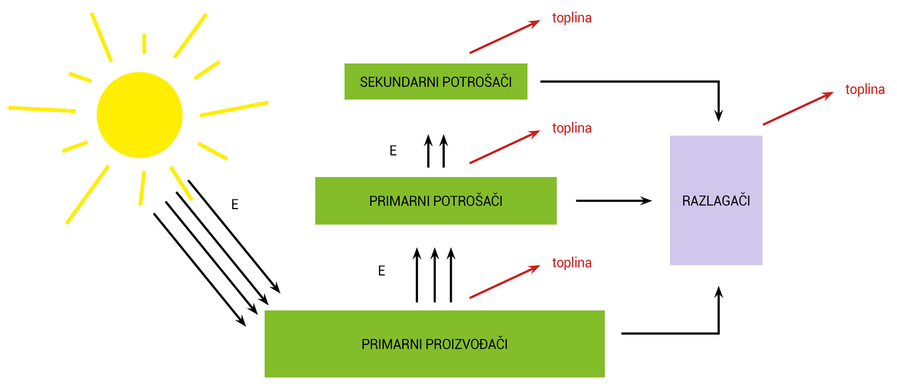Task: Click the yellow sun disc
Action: tap(139, 115)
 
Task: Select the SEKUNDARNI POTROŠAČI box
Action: tap(435, 81)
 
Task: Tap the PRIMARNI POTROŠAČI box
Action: tap(435, 200)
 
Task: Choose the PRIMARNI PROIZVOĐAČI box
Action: tap(434, 343)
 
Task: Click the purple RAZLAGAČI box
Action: tap(715, 200)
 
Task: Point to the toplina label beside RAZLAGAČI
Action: tap(864, 90)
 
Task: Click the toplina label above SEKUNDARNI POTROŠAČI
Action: tap(571, 18)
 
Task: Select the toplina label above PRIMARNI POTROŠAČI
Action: tap(571, 128)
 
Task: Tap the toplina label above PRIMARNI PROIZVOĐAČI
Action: tap(571, 263)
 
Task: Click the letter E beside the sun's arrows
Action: tap(235, 205)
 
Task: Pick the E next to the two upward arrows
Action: tap(393, 151)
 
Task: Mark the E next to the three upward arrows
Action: tap(382, 271)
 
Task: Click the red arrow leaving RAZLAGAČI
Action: tap(798, 109)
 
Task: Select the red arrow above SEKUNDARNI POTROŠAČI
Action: tap(504, 37)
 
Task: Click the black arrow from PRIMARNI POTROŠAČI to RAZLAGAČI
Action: tap(613, 201)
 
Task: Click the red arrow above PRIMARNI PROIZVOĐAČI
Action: tap(504, 282)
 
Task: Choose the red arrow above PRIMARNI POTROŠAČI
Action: tap(504, 147)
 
